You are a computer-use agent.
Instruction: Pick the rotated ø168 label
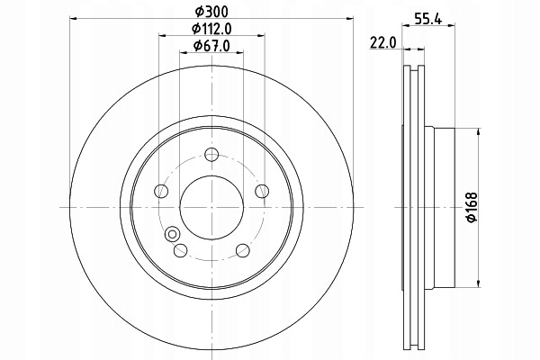click(x=470, y=208)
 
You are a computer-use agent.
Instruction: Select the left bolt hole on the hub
click(x=161, y=191)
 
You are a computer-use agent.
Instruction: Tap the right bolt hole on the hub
click(x=262, y=191)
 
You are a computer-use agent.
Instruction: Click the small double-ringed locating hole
click(x=171, y=234)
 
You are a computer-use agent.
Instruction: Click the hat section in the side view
click(x=445, y=206)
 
